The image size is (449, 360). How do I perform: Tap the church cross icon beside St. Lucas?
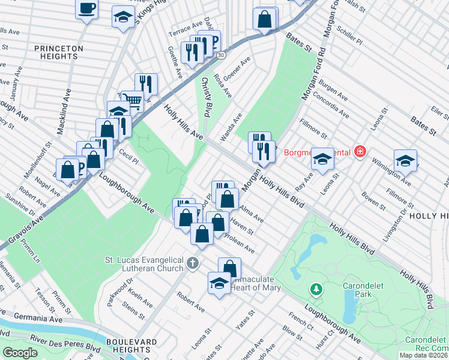coord(192,263)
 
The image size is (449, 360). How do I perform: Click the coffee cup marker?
coord(86,8)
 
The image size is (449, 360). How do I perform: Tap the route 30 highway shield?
coord(221,55)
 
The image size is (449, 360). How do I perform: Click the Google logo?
coord(20,352)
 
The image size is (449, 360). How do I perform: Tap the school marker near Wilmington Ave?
coord(405,160)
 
